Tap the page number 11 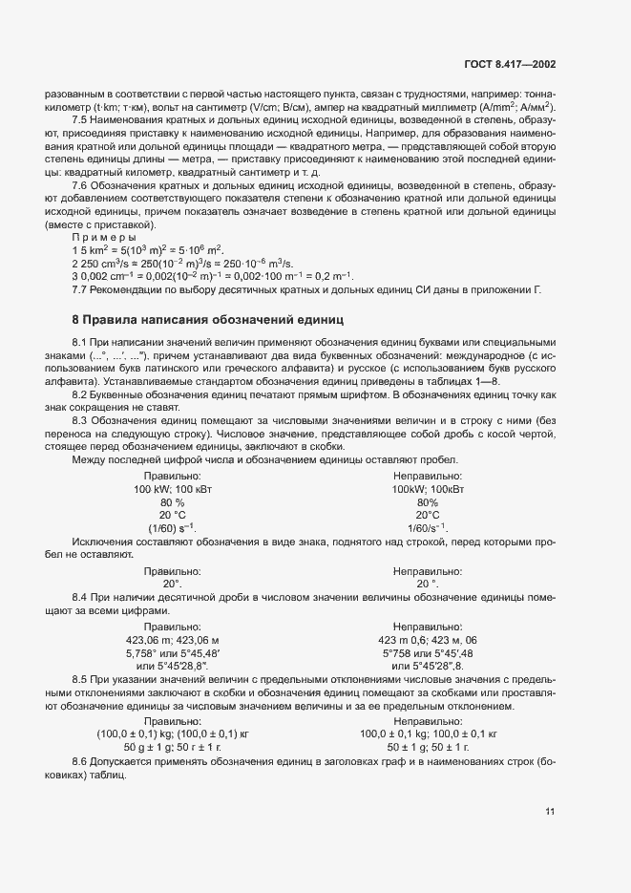click(550, 812)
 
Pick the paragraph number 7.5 click(81, 119)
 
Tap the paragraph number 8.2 click(81, 394)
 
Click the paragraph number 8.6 click(81, 759)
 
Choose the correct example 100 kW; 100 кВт click(172, 488)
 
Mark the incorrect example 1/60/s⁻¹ click(428, 528)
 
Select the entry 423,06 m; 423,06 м click(173, 640)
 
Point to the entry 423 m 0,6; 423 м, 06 click(428, 640)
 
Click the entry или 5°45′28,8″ click(172, 667)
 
